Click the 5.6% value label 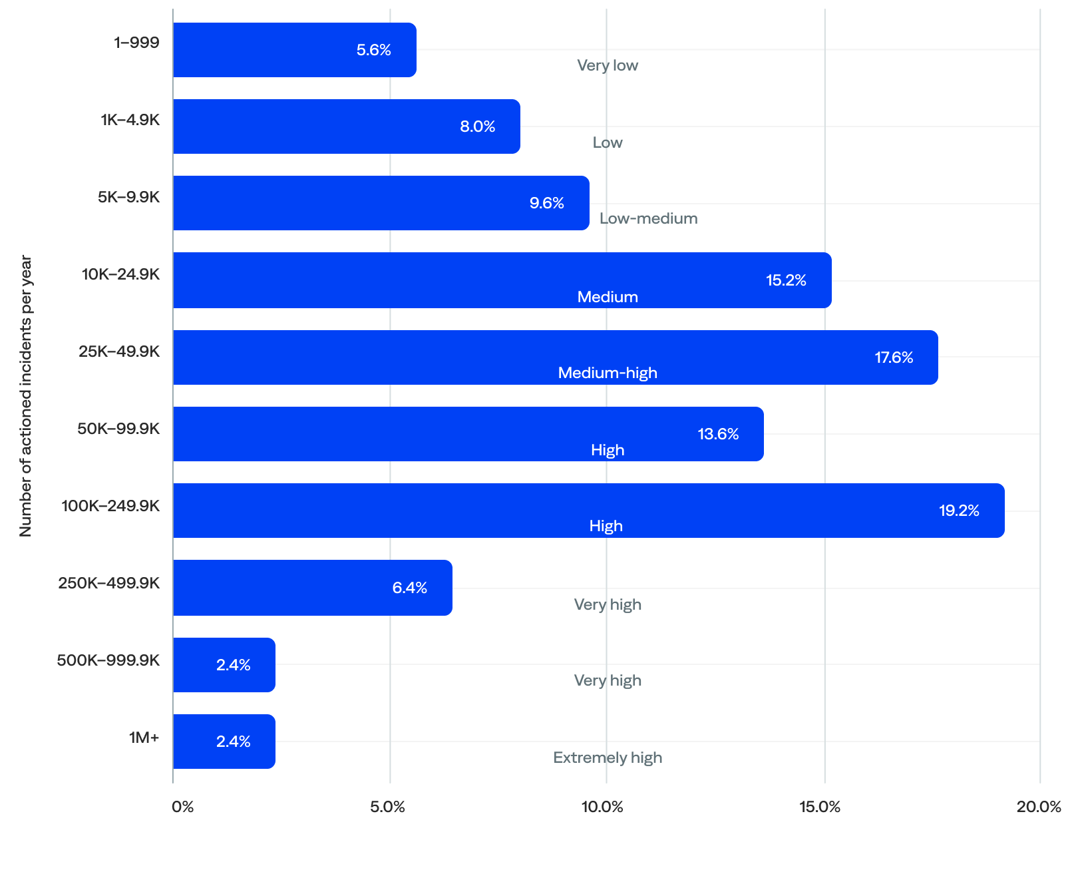pyautogui.click(x=373, y=50)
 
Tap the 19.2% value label pyautogui.click(x=958, y=511)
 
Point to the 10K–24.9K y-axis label pyautogui.click(x=120, y=274)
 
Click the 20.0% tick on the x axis pyautogui.click(x=1038, y=807)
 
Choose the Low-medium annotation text pyautogui.click(x=648, y=218)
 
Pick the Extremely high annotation pyautogui.click(x=608, y=758)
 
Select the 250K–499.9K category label pyautogui.click(x=108, y=583)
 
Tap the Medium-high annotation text pyautogui.click(x=608, y=373)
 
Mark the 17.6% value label pyautogui.click(x=893, y=357)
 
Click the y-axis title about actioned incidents pyautogui.click(x=25, y=395)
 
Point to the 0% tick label pyautogui.click(x=182, y=807)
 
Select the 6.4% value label pyautogui.click(x=409, y=588)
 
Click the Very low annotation pyautogui.click(x=608, y=65)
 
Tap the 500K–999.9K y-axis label pyautogui.click(x=108, y=660)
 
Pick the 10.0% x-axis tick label pyautogui.click(x=602, y=807)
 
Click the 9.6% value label pyautogui.click(x=546, y=203)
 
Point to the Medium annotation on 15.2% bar pyautogui.click(x=608, y=297)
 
